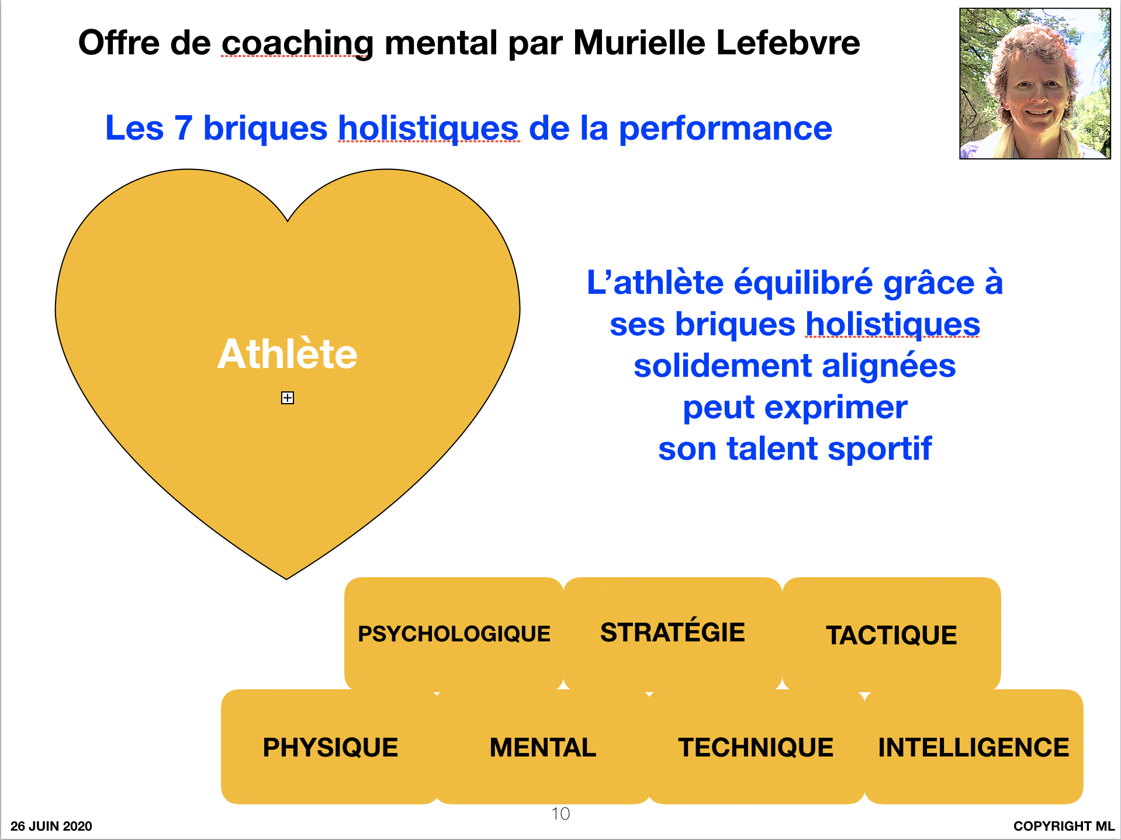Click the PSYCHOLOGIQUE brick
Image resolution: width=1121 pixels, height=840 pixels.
[x=454, y=634]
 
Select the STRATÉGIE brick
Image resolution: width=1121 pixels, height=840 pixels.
[x=673, y=634]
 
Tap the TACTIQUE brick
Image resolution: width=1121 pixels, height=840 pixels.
[x=891, y=634]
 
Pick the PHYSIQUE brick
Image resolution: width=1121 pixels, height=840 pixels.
[x=330, y=747]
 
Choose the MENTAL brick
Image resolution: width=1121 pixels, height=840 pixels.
[x=543, y=747]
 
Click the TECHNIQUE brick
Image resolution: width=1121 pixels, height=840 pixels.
[x=756, y=747]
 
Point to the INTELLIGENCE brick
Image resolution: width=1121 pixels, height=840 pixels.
[x=974, y=747]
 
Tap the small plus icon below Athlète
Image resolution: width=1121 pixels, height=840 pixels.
[x=288, y=398]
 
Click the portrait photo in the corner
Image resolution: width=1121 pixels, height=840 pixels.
[x=1035, y=84]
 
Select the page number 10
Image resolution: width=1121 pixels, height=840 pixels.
[x=560, y=814]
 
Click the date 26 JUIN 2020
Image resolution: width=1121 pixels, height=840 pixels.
[x=51, y=826]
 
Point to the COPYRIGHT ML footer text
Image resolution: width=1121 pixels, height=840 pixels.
[x=1064, y=826]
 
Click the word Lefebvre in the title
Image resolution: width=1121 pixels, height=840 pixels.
[x=788, y=43]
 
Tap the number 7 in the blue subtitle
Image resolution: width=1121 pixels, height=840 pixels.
[x=183, y=128]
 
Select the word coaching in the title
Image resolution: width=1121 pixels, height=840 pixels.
[x=297, y=44]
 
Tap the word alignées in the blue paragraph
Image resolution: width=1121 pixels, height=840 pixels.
[x=889, y=367]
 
